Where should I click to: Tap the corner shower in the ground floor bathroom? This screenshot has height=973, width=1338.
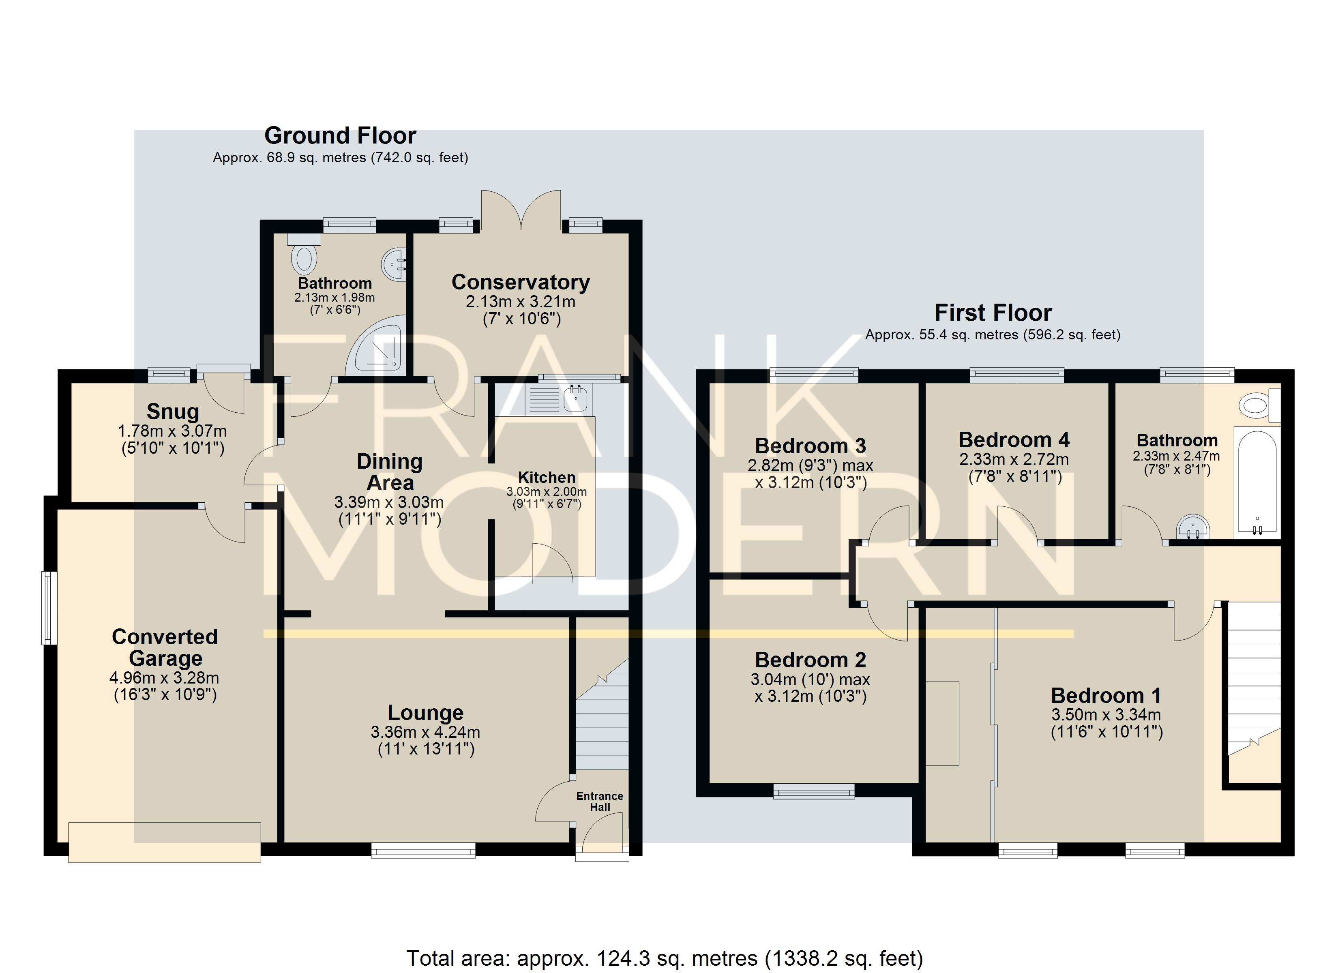pyautogui.click(x=377, y=345)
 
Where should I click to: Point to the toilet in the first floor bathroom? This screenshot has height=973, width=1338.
pyautogui.click(x=1259, y=405)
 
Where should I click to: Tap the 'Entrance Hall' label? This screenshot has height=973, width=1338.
pyautogui.click(x=599, y=801)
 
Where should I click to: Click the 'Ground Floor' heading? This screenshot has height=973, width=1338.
pyautogui.click(x=341, y=136)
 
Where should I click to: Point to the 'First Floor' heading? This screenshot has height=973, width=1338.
pyautogui.click(x=993, y=312)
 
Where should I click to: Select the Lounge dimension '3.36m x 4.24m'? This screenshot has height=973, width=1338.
pyautogui.click(x=425, y=732)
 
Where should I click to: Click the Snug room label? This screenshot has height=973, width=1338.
pyautogui.click(x=173, y=411)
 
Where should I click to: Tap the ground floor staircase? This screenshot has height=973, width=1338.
pyautogui.click(x=602, y=714)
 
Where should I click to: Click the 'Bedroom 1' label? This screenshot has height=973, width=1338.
pyautogui.click(x=1106, y=696)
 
